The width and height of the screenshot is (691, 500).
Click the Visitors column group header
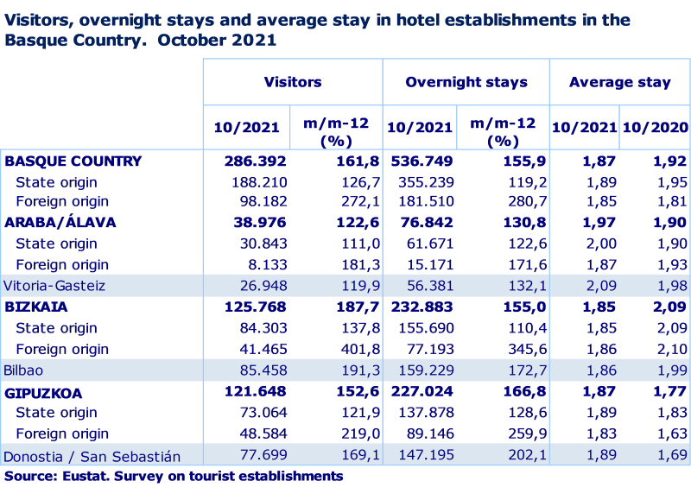293,83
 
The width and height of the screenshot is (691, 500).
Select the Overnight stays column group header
466,83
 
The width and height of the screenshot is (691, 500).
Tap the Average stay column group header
620,83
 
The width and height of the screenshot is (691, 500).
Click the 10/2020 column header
656,127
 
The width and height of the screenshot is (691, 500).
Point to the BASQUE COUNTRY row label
73,161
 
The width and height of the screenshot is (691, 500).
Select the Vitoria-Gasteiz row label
54,286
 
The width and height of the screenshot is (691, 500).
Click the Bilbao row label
23,370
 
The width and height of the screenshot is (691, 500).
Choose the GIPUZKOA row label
43,393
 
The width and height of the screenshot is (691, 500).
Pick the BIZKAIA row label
36,307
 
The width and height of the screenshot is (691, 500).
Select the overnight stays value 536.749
421,161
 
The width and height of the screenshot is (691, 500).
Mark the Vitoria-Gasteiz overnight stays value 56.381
421,286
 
